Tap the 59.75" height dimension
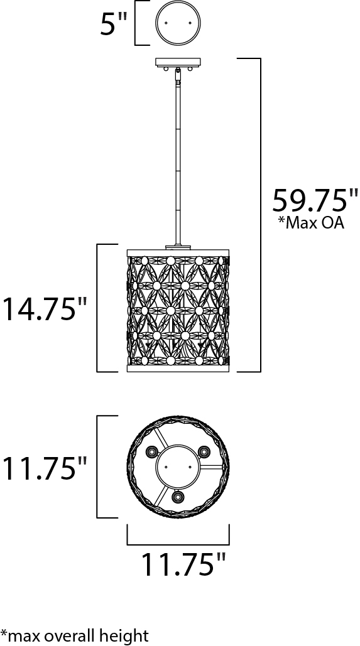314,201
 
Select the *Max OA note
311,223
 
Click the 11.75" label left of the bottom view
45,468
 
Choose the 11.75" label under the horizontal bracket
184,564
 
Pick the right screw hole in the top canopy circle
190,23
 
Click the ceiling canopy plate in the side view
178,62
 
